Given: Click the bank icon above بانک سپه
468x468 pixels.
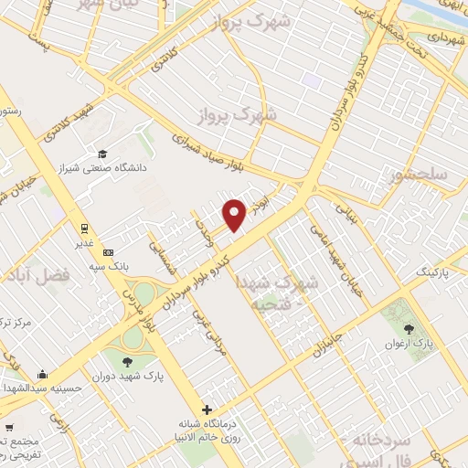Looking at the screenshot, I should tap(109, 252).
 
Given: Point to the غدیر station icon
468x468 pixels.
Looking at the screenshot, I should tap(83, 227).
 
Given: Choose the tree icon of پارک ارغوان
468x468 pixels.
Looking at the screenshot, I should tap(408, 329).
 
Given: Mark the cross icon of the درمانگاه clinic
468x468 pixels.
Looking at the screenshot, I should tap(208, 410).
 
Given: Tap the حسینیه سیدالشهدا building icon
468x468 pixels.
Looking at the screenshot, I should tap(42, 373).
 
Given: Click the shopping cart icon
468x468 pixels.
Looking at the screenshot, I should tap(9, 427).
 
